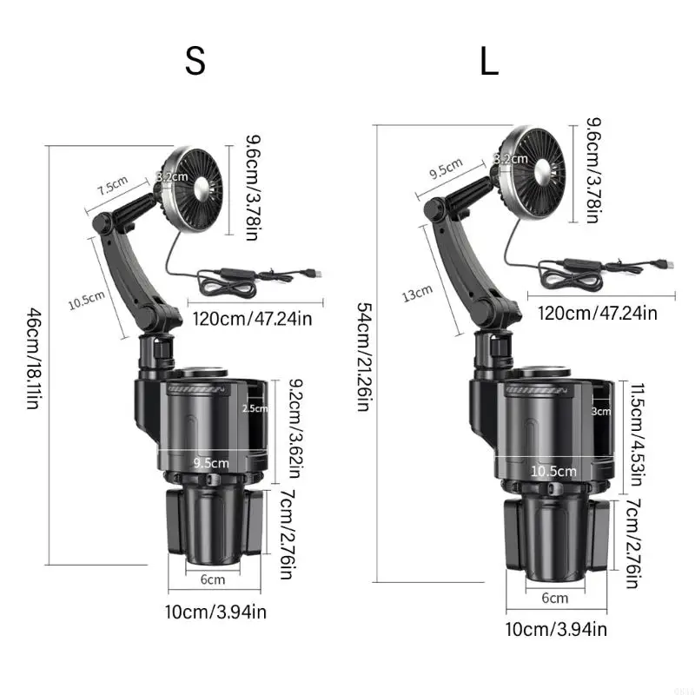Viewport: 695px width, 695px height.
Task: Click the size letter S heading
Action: [x=195, y=61]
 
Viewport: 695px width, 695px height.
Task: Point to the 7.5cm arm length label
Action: [x=112, y=187]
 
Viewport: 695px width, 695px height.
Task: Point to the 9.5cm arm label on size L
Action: [x=446, y=169]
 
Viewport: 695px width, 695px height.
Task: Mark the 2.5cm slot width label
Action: [x=255, y=408]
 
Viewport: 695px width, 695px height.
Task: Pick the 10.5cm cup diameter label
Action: [x=554, y=471]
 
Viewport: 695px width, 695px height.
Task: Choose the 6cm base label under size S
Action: [x=213, y=579]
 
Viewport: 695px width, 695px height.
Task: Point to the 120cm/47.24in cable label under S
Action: [x=252, y=319]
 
